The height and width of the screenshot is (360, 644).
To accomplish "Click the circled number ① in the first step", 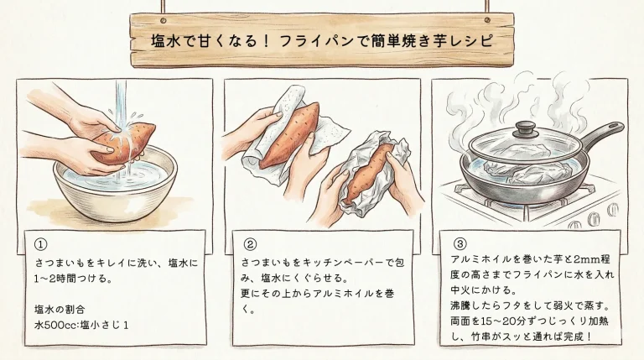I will (40, 244).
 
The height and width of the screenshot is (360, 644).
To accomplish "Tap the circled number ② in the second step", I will (249, 244).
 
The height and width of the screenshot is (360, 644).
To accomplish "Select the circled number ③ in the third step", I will (459, 244).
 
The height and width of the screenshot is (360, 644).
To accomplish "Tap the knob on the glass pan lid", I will (526, 128).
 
